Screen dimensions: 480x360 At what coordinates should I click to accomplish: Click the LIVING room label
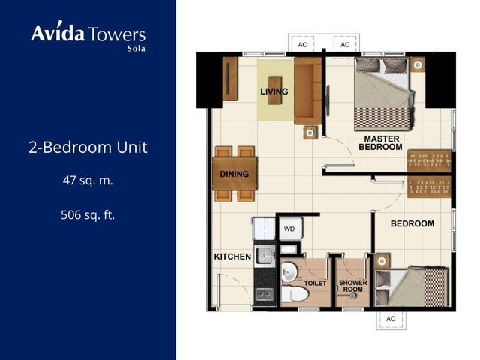[x=274, y=91]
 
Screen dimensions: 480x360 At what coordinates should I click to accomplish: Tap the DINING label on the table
[x=235, y=174]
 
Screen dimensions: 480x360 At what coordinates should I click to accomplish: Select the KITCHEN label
[x=232, y=256]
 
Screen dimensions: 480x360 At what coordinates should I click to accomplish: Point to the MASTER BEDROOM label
[x=380, y=143]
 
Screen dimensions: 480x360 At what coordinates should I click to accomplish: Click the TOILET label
[x=315, y=283]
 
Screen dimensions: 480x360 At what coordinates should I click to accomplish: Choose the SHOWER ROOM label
[x=353, y=286]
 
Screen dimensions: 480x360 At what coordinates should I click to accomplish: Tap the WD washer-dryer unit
[x=291, y=228]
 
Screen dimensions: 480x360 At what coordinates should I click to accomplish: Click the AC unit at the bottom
[x=391, y=319]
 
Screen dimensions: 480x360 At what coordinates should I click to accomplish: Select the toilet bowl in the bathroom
[x=295, y=294]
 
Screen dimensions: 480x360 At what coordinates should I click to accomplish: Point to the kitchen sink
[x=265, y=255]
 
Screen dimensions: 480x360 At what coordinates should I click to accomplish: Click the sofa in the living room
[x=308, y=91]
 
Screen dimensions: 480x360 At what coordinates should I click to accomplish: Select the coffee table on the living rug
[x=274, y=90]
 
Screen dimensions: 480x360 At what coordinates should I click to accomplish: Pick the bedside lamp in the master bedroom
[x=418, y=64]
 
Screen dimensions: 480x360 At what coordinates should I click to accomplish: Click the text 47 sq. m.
[x=88, y=181]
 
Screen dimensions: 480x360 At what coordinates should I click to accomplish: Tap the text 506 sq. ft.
[x=88, y=215]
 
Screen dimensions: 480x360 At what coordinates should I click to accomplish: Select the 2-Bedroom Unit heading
[x=88, y=147]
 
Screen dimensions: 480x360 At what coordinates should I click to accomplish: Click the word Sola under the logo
[x=136, y=48]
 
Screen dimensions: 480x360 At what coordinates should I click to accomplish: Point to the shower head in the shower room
[x=353, y=295]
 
